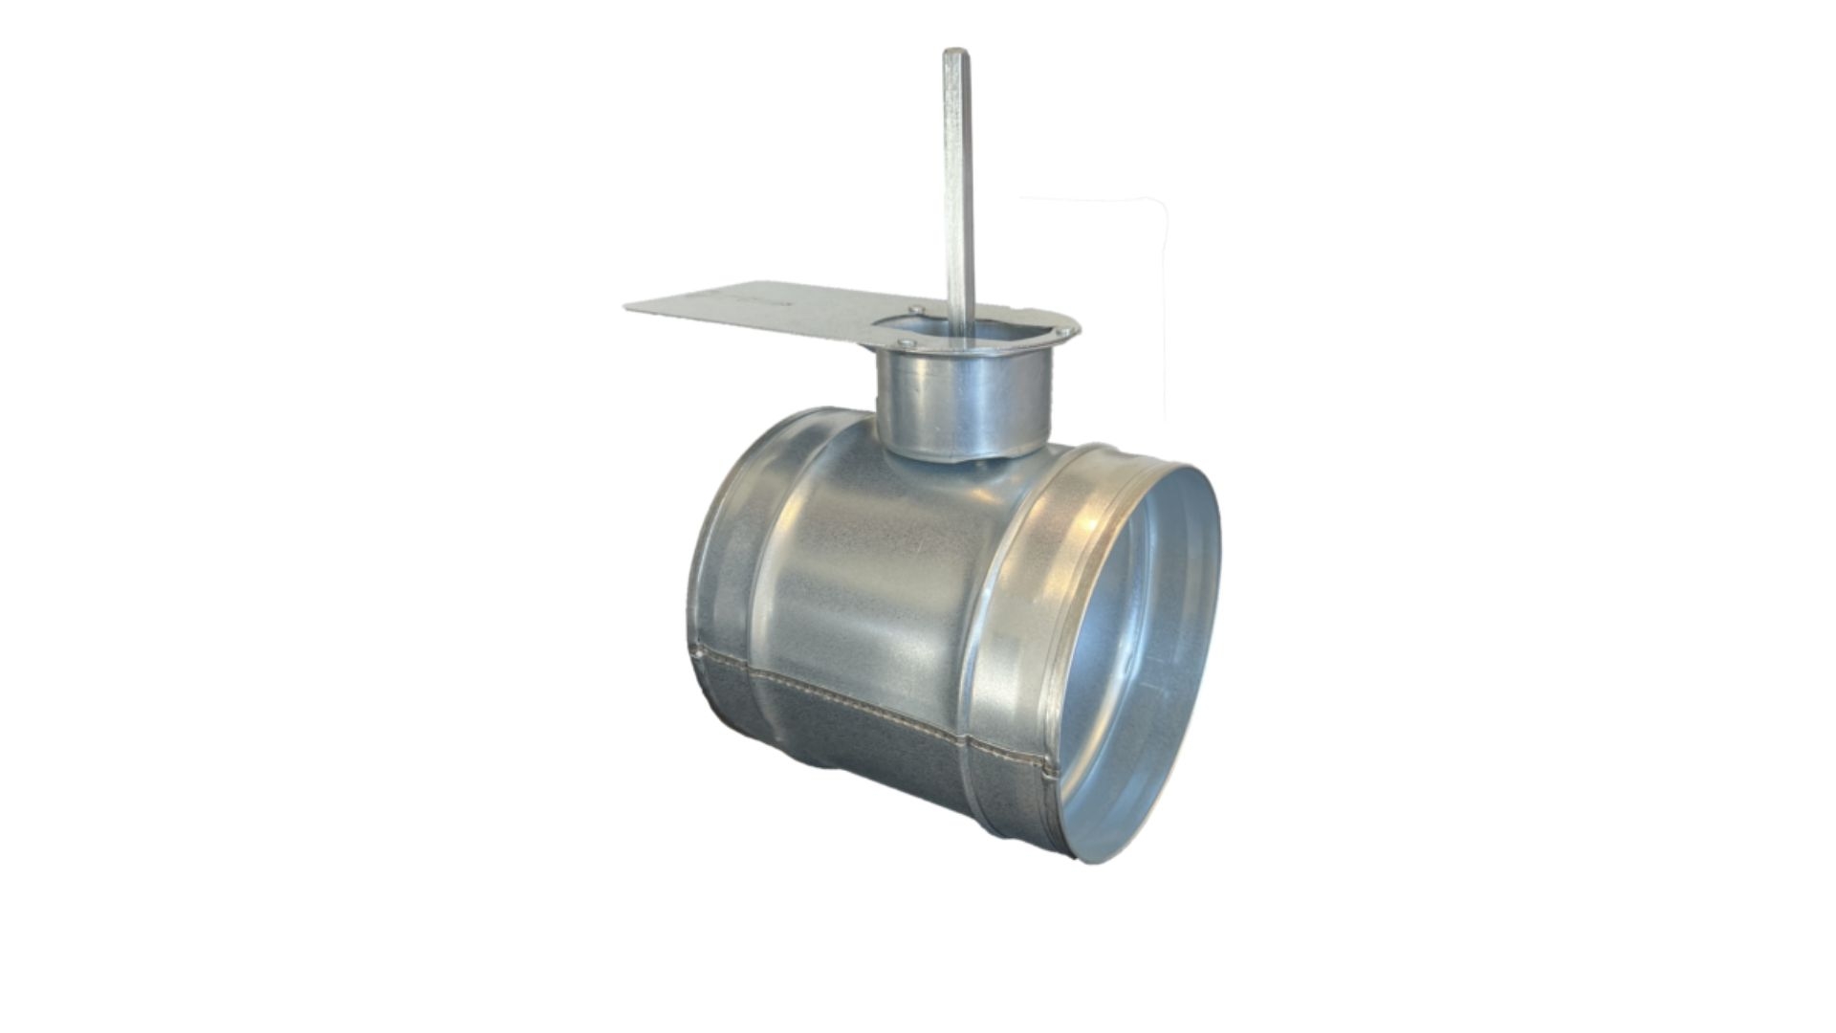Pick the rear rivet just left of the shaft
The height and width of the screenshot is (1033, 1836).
(x=916, y=309)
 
